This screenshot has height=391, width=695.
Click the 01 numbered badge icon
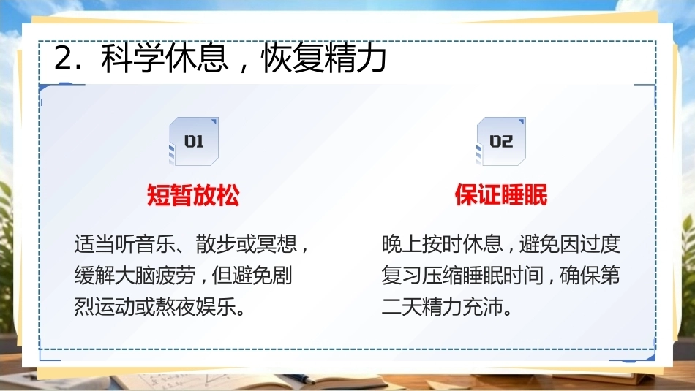[194, 141]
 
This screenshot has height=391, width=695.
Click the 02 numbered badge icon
[501, 141]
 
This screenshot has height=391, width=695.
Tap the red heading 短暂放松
[193, 195]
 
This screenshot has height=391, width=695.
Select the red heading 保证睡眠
[501, 195]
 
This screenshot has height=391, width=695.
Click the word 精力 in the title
[356, 58]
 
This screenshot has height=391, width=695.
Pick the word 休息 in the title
[197, 58]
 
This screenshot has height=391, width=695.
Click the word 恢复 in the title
[292, 58]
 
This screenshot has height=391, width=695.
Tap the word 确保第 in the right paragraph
[590, 276]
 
